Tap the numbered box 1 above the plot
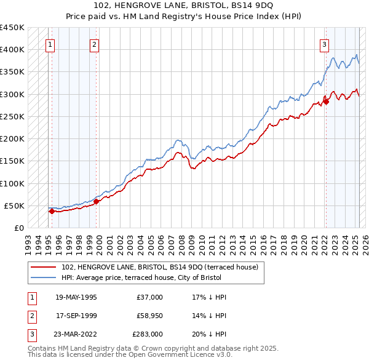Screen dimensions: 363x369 point(49,44)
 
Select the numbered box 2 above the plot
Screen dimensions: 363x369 point(94,44)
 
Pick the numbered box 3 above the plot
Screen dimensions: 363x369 point(323,44)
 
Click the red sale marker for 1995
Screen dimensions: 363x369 point(52,211)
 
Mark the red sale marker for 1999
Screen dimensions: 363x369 point(97,201)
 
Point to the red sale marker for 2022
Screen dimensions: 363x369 point(327,102)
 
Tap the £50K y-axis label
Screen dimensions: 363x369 point(15,205)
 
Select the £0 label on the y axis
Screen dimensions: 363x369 point(18,228)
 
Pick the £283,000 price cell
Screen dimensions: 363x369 point(147,334)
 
